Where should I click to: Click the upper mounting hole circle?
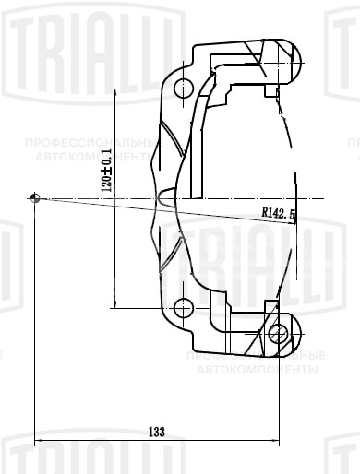point(182,89)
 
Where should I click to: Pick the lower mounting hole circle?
point(182,307)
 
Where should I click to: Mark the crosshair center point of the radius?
point(34,197)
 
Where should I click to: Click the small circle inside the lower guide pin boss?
point(277,332)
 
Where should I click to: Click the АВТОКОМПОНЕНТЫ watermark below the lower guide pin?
point(258,370)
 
